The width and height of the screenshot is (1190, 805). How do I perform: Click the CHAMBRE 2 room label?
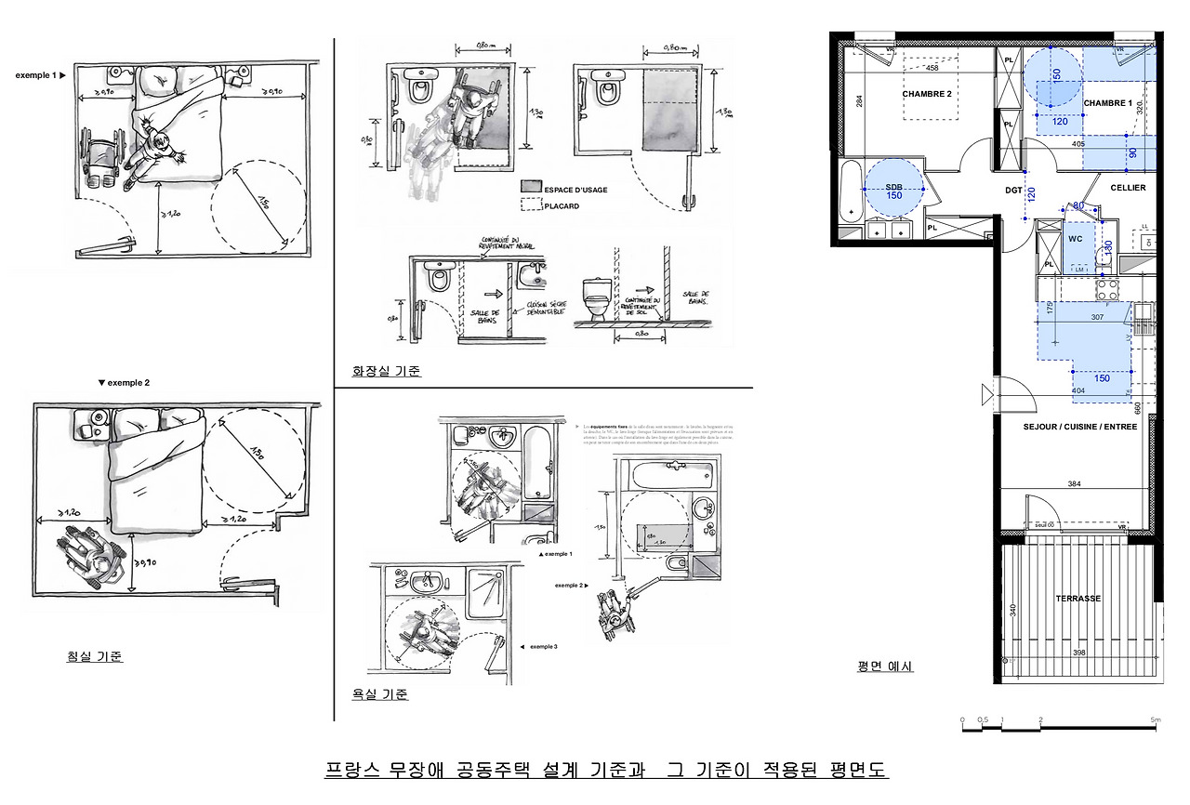click(927, 94)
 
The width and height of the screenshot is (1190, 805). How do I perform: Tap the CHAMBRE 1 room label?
click(1108, 103)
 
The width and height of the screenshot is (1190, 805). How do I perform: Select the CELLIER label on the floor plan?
click(1128, 188)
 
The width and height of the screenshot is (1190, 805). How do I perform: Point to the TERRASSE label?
click(1078, 599)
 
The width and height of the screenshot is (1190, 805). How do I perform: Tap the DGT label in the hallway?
click(1013, 191)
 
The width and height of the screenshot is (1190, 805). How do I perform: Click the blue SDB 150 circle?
click(893, 189)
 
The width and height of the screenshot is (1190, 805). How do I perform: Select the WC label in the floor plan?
click(1076, 239)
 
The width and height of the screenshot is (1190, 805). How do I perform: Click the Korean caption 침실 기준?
click(95, 656)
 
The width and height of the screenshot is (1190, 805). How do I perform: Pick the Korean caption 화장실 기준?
click(386, 372)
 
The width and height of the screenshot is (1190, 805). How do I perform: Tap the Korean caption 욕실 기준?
click(379, 694)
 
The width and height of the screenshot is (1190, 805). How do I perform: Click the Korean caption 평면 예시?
click(885, 666)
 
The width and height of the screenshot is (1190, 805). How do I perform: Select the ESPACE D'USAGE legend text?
click(575, 190)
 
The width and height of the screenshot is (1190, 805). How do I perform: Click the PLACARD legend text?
click(562, 206)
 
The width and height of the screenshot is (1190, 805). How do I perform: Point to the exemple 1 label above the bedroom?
click(36, 74)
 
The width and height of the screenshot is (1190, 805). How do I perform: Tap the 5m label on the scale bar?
click(1156, 719)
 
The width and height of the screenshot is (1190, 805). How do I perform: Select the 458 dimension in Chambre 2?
click(932, 67)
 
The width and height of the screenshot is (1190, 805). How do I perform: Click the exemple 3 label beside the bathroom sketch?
click(544, 646)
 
